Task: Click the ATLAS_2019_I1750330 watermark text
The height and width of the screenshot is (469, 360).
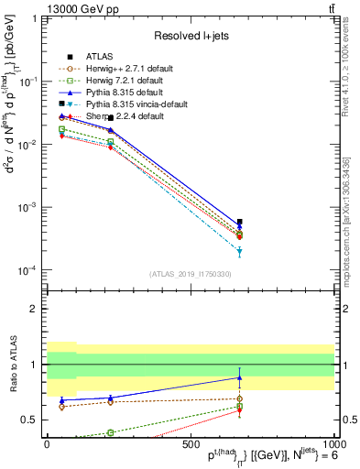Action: [x=190, y=274]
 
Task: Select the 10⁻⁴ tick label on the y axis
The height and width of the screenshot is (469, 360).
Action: [x=26, y=269]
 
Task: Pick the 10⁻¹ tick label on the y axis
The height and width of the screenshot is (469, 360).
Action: [x=26, y=81]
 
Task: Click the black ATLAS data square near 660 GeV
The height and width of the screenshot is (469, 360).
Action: [x=239, y=222]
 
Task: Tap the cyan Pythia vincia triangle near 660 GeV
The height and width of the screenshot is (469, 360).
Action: [x=239, y=251]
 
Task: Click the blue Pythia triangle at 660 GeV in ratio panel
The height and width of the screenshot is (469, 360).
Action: [x=239, y=377]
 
